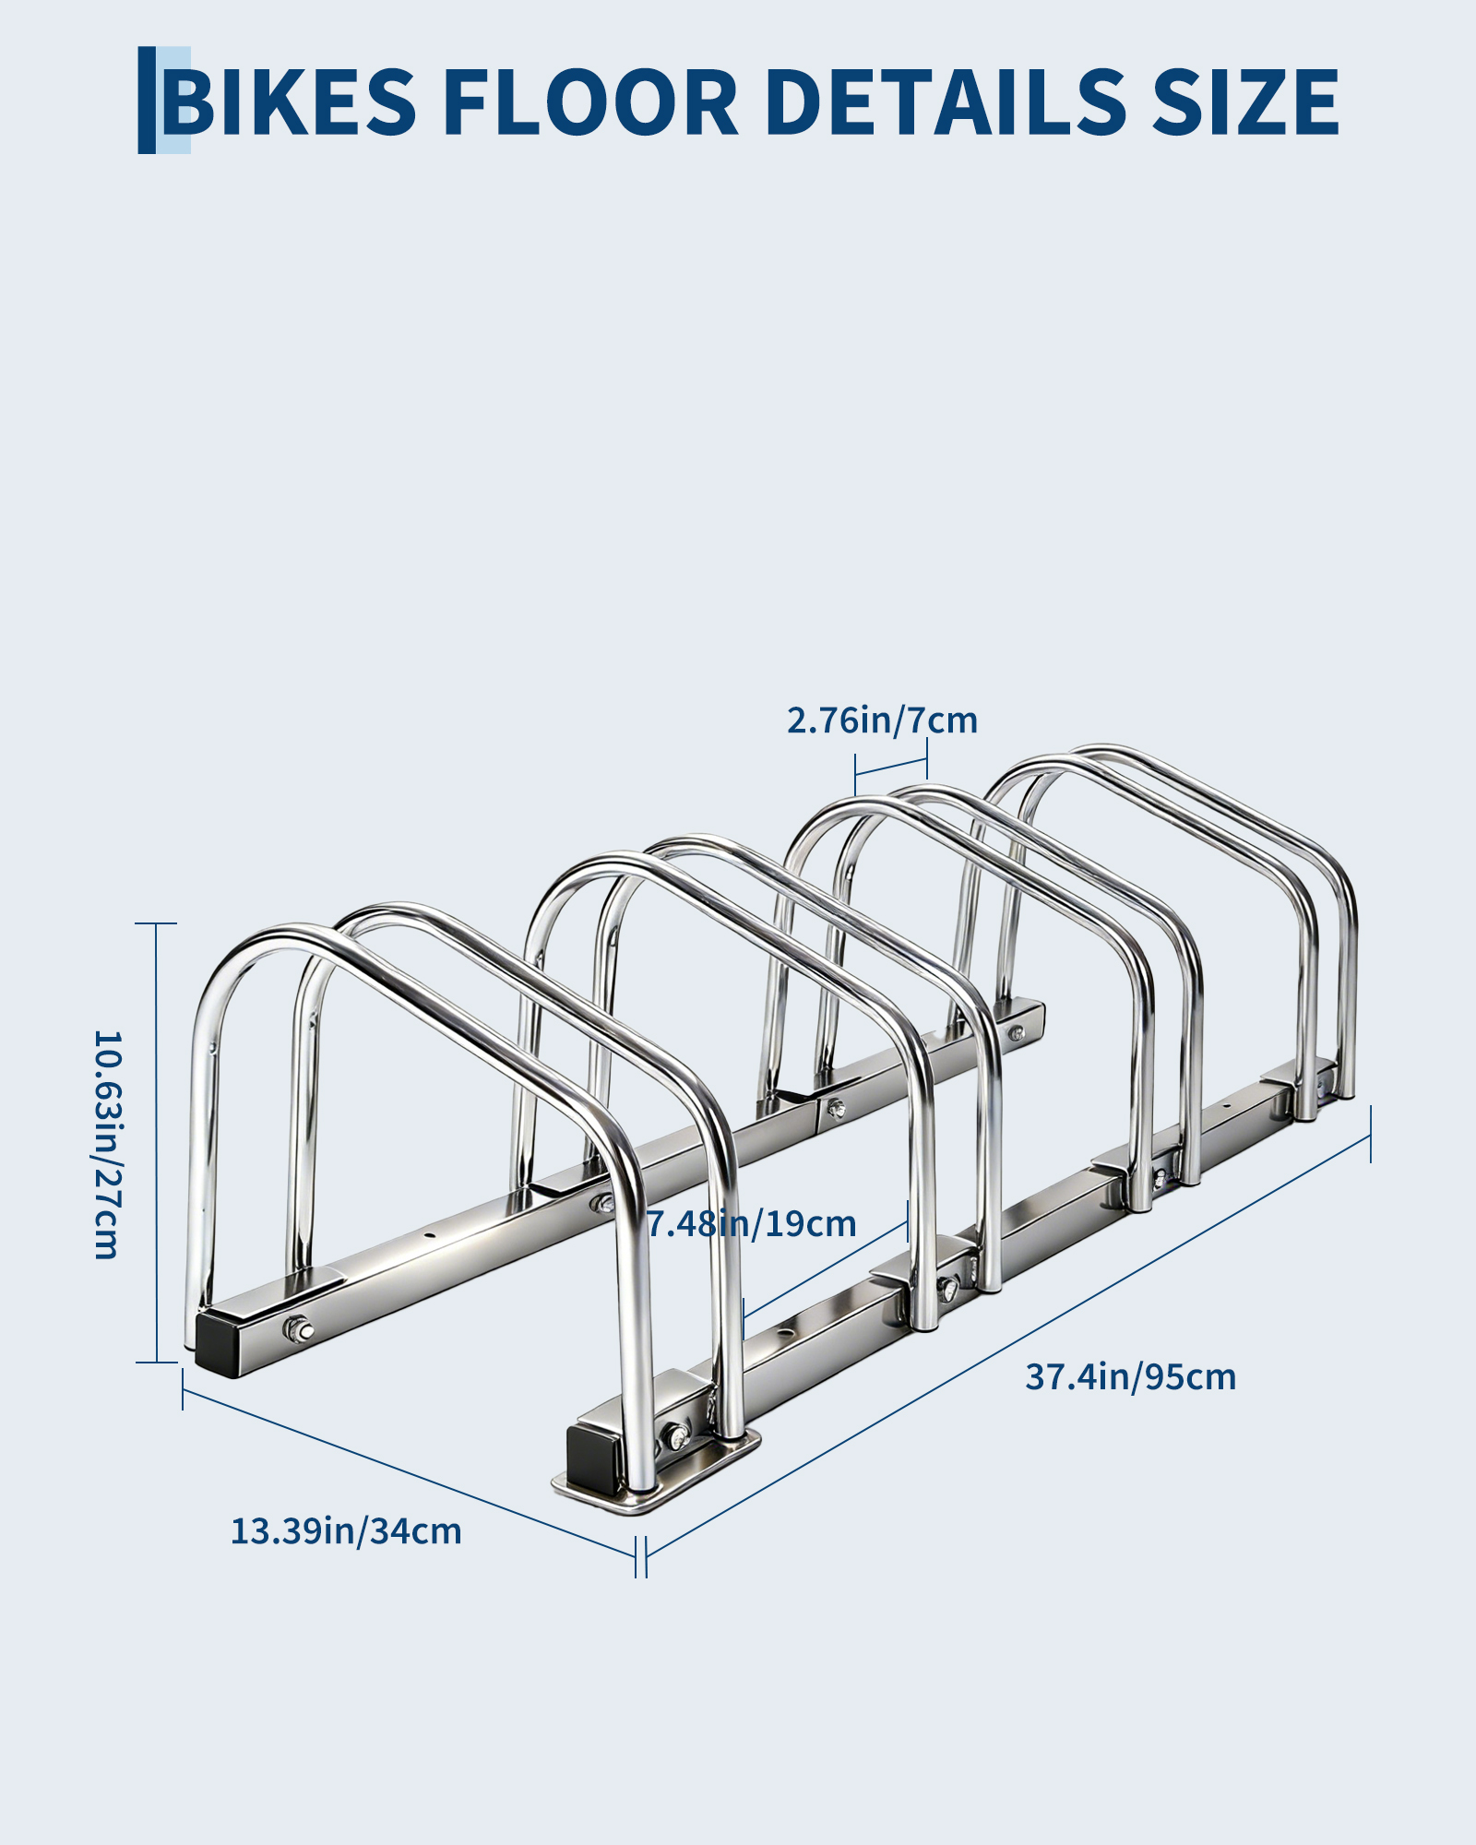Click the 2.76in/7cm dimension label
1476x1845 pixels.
click(x=882, y=720)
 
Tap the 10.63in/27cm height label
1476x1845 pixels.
click(x=107, y=1145)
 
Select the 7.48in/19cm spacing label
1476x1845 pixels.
click(x=751, y=1224)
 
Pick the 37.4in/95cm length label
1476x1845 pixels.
click(x=1130, y=1377)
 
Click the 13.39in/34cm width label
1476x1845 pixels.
click(x=346, y=1531)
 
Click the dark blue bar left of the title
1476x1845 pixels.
click(x=147, y=100)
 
